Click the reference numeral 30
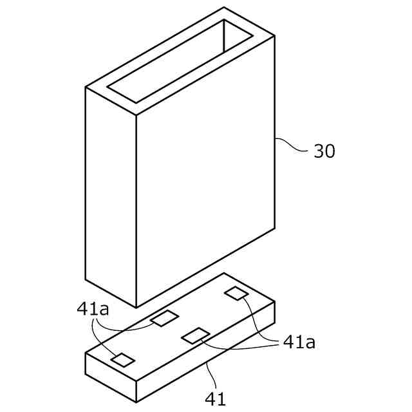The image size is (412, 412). (324, 151)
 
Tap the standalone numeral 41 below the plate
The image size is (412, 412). (216, 399)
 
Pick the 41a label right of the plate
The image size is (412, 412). (299, 342)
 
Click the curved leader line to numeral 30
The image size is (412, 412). (293, 146)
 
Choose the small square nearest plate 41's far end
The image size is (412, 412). (236, 293)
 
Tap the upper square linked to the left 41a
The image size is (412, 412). (164, 317)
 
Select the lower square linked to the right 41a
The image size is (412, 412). (194, 334)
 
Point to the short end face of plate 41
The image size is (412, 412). (111, 377)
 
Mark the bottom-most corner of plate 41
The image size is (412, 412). (136, 402)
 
